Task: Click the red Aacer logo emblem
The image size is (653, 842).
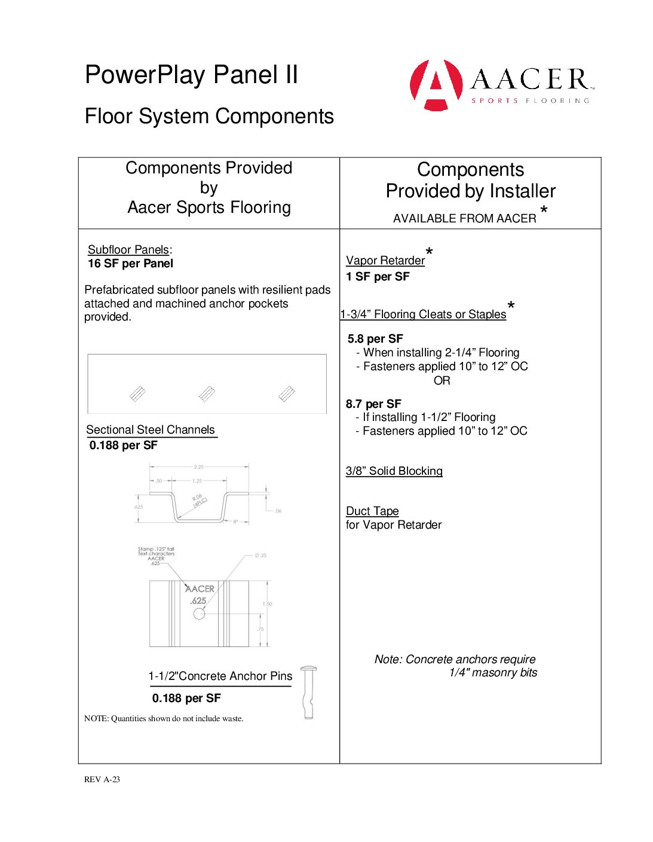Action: (436, 85)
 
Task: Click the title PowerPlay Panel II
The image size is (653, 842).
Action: (191, 75)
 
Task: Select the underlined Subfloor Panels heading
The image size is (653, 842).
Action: (128, 250)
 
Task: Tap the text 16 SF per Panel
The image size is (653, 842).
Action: (130, 264)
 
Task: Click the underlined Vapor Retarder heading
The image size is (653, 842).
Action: (385, 261)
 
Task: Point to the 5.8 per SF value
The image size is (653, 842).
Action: (375, 339)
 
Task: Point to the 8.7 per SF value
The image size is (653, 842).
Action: (373, 404)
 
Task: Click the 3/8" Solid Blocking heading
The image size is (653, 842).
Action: (394, 471)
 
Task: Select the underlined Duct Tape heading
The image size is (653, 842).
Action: (372, 511)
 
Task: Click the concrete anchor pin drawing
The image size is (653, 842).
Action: (308, 692)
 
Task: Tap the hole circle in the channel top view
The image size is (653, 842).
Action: (199, 614)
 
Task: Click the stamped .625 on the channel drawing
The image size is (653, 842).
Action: (198, 601)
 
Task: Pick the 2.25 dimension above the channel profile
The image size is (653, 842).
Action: (198, 467)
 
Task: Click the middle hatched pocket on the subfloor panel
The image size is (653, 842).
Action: (207, 393)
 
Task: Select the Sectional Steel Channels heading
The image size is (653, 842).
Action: (151, 430)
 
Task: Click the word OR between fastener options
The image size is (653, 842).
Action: (442, 381)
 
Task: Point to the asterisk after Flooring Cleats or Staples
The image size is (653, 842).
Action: (511, 306)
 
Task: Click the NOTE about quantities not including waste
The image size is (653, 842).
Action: (164, 719)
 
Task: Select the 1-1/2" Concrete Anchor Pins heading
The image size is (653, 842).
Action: (220, 676)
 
